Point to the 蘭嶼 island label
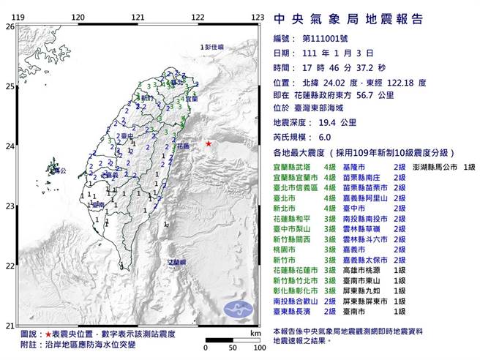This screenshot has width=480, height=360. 176,261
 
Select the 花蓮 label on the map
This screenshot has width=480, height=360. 183,146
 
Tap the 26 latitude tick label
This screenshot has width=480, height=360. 10,26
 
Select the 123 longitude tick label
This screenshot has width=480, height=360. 257,16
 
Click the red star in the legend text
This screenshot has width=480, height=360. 48,334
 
